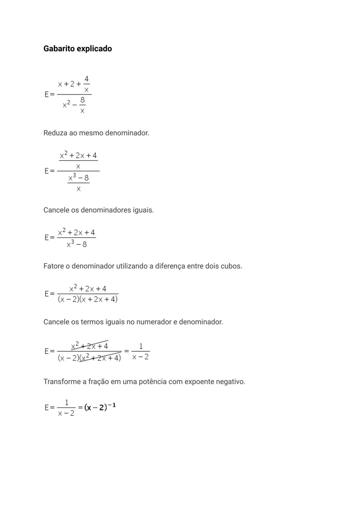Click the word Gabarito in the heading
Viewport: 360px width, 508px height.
[x=59, y=49]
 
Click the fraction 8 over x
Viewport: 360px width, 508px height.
[x=82, y=105]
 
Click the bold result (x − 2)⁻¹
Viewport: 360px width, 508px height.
[x=100, y=407]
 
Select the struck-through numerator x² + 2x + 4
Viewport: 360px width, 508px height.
[x=89, y=346]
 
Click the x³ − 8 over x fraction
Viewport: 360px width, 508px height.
[x=79, y=183]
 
